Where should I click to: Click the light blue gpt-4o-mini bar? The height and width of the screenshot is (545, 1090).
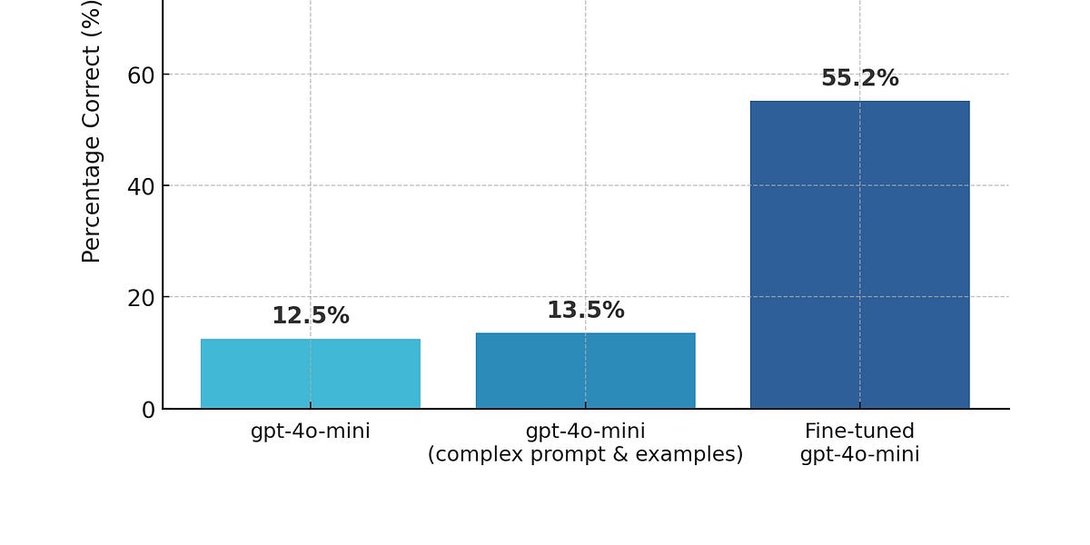[x=310, y=373]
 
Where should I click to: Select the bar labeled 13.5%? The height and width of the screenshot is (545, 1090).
[x=585, y=371]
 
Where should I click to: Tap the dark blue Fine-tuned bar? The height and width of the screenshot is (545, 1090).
[x=859, y=254]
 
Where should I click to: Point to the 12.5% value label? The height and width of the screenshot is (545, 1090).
[x=310, y=316]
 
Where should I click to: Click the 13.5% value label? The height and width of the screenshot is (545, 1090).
[x=585, y=311]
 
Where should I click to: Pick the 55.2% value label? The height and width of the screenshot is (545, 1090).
[x=859, y=79]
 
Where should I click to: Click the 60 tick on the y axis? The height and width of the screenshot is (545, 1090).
[x=141, y=75]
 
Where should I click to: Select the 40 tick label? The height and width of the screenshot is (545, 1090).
[x=141, y=186]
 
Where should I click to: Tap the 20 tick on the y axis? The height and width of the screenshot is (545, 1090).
[x=141, y=298]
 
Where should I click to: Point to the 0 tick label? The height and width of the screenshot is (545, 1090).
[x=148, y=410]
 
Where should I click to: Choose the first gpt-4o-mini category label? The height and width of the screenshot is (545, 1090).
[x=310, y=431]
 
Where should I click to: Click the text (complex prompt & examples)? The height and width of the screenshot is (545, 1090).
[x=585, y=454]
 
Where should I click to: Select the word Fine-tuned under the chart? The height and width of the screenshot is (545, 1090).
[x=859, y=431]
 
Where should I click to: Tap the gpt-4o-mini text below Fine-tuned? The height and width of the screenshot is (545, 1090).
[x=859, y=454]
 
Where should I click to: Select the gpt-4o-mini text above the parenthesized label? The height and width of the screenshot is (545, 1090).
[x=585, y=431]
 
